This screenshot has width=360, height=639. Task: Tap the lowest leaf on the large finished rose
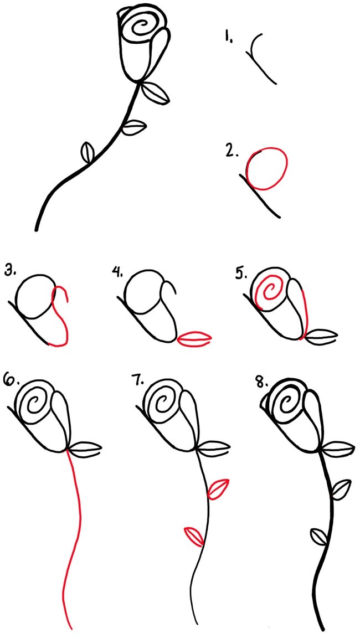[88, 153]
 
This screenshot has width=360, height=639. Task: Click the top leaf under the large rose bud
[156, 92]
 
